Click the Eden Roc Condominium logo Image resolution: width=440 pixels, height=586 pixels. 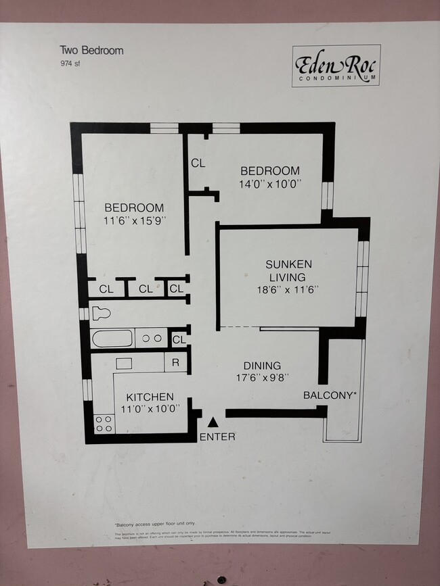point(336,66)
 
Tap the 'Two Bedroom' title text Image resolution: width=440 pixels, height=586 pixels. point(91,50)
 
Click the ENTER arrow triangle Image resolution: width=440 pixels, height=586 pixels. point(213,422)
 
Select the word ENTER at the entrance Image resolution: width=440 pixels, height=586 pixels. point(217,437)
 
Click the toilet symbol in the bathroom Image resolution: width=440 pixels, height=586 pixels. point(100,314)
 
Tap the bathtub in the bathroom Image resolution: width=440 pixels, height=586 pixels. point(112,338)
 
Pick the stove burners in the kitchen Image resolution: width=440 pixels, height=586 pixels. point(104,424)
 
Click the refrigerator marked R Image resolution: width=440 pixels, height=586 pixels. point(175,363)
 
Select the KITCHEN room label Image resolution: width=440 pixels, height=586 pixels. point(149,397)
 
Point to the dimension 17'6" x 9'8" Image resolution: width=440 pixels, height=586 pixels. point(262,379)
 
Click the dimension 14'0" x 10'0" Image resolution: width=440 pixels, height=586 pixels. point(269,184)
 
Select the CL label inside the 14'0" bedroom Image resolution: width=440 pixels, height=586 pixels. point(198,163)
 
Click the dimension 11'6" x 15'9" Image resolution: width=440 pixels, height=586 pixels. point(134,220)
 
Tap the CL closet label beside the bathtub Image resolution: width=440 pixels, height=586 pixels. point(179,339)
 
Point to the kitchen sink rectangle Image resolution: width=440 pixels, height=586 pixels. point(124,363)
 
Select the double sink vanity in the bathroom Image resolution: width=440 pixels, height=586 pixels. point(151,338)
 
